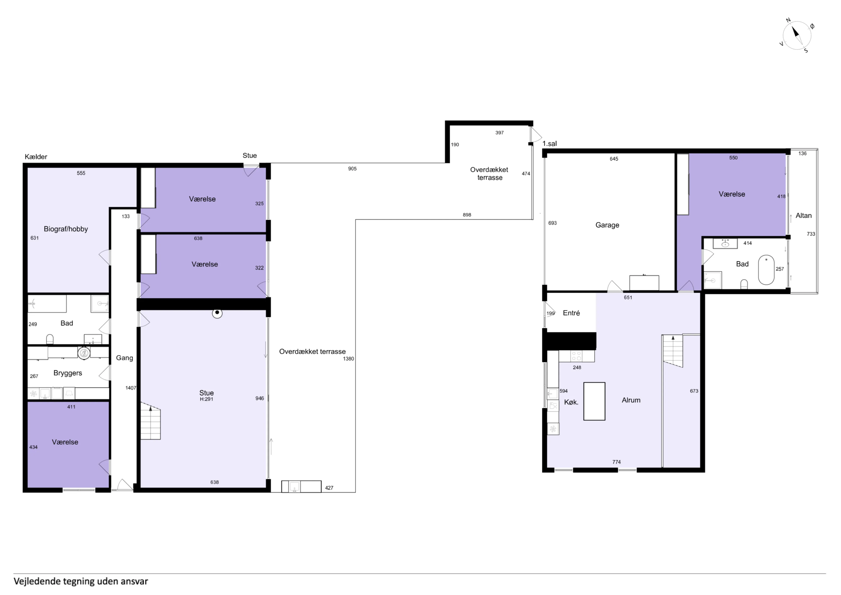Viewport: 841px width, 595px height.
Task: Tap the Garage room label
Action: tap(607, 225)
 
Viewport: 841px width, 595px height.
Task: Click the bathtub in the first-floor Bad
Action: tap(766, 270)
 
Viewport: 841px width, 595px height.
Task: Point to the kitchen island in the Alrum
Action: tap(594, 401)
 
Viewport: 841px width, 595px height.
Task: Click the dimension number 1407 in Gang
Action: tap(131, 388)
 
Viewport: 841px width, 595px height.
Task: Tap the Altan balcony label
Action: tap(803, 216)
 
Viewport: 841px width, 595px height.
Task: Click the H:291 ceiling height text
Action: tap(206, 399)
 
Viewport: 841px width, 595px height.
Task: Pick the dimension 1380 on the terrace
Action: tap(348, 359)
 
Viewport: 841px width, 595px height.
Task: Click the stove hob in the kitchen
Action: tap(576, 356)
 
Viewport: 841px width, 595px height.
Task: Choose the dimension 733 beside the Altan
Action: tap(811, 234)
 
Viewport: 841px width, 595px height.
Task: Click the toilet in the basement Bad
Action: tap(50, 339)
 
